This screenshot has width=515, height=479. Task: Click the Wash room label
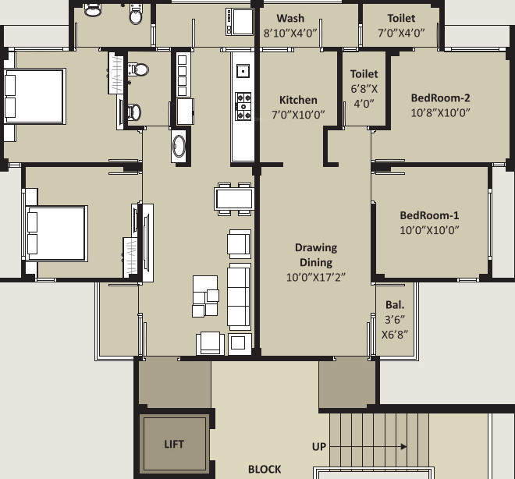(x=290, y=18)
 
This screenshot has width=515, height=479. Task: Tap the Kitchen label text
(x=298, y=100)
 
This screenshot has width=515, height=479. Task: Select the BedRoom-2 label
(x=441, y=98)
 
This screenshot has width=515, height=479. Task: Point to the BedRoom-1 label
(x=429, y=215)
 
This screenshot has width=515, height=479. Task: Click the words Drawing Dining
(x=315, y=255)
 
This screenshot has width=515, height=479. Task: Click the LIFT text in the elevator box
(x=174, y=444)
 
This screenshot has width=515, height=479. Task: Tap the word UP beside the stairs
(x=319, y=447)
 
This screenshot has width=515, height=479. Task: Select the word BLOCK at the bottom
(x=265, y=469)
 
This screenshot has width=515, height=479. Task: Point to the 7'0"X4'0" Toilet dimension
(x=401, y=33)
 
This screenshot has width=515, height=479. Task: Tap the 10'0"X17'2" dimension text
(x=315, y=277)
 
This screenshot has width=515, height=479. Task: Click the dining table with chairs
(x=234, y=199)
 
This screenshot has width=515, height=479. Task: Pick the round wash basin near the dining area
(x=179, y=146)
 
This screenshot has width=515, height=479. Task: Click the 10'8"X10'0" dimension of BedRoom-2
(x=441, y=112)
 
